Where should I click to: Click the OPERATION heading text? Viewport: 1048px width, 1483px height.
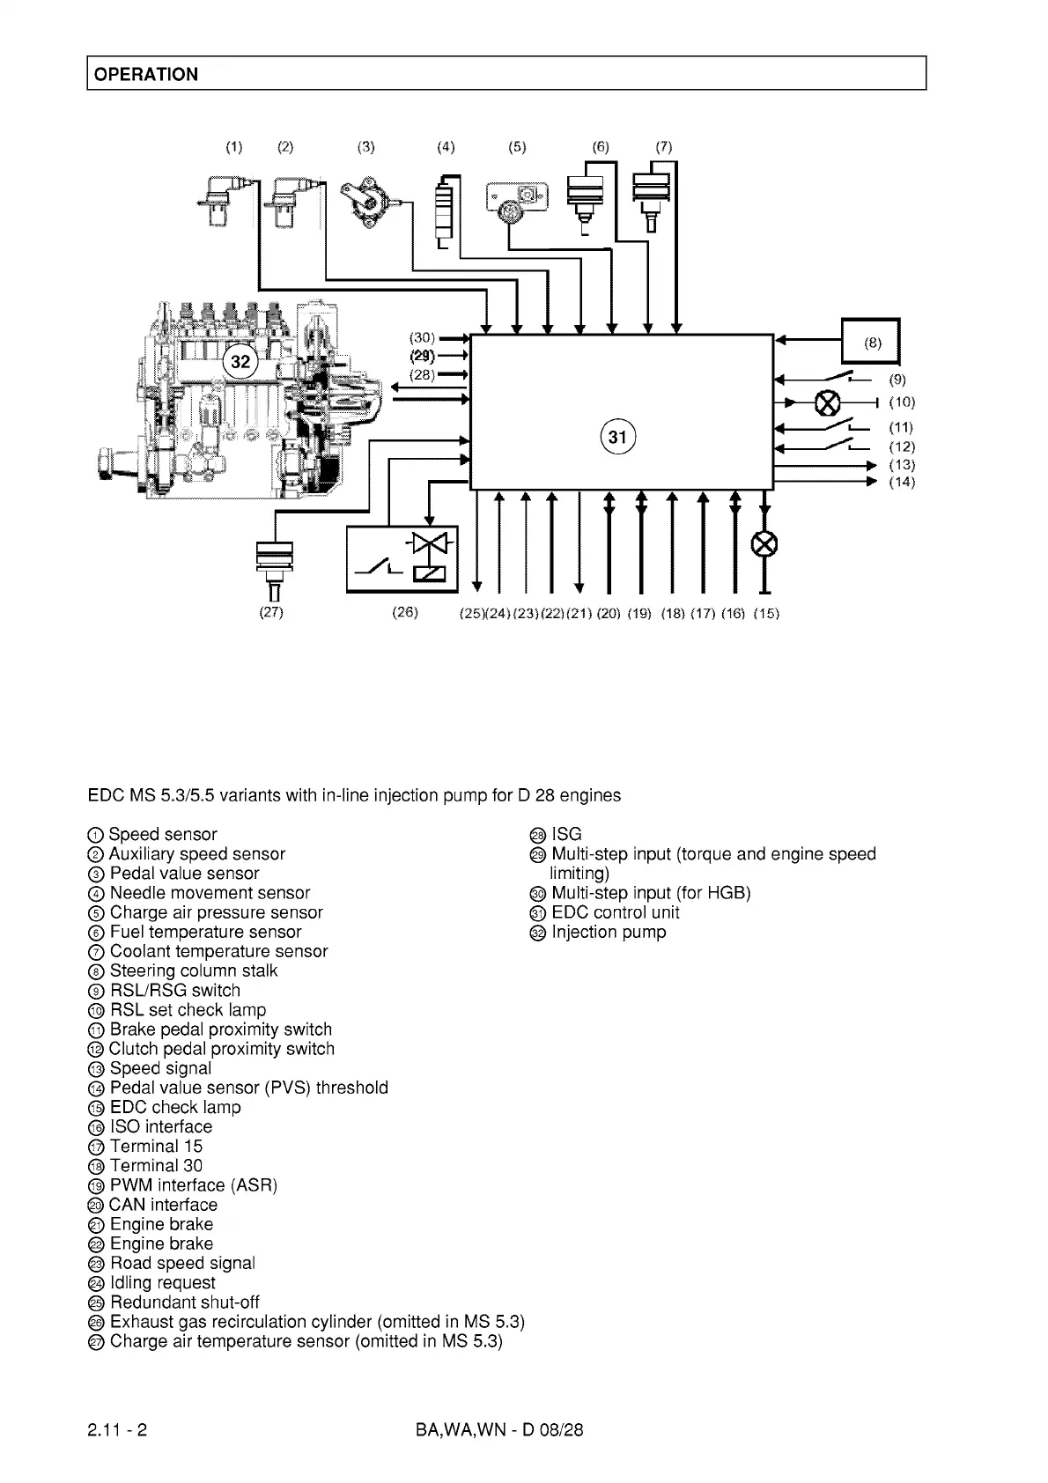146,74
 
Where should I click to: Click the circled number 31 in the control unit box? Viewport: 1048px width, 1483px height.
618,436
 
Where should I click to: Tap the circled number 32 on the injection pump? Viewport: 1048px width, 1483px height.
240,361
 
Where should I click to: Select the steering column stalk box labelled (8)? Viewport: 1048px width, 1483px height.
871,342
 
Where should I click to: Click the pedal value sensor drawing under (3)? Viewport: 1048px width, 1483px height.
370,205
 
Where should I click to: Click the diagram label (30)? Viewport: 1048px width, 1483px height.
423,338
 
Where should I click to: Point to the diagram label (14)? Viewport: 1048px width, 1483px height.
902,482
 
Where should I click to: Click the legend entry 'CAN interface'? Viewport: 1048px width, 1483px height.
163,1205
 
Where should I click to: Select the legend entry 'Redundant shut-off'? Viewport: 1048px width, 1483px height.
184,1302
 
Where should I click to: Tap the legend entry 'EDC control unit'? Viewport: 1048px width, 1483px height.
615,912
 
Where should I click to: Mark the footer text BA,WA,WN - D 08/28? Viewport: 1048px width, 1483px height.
499,1429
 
